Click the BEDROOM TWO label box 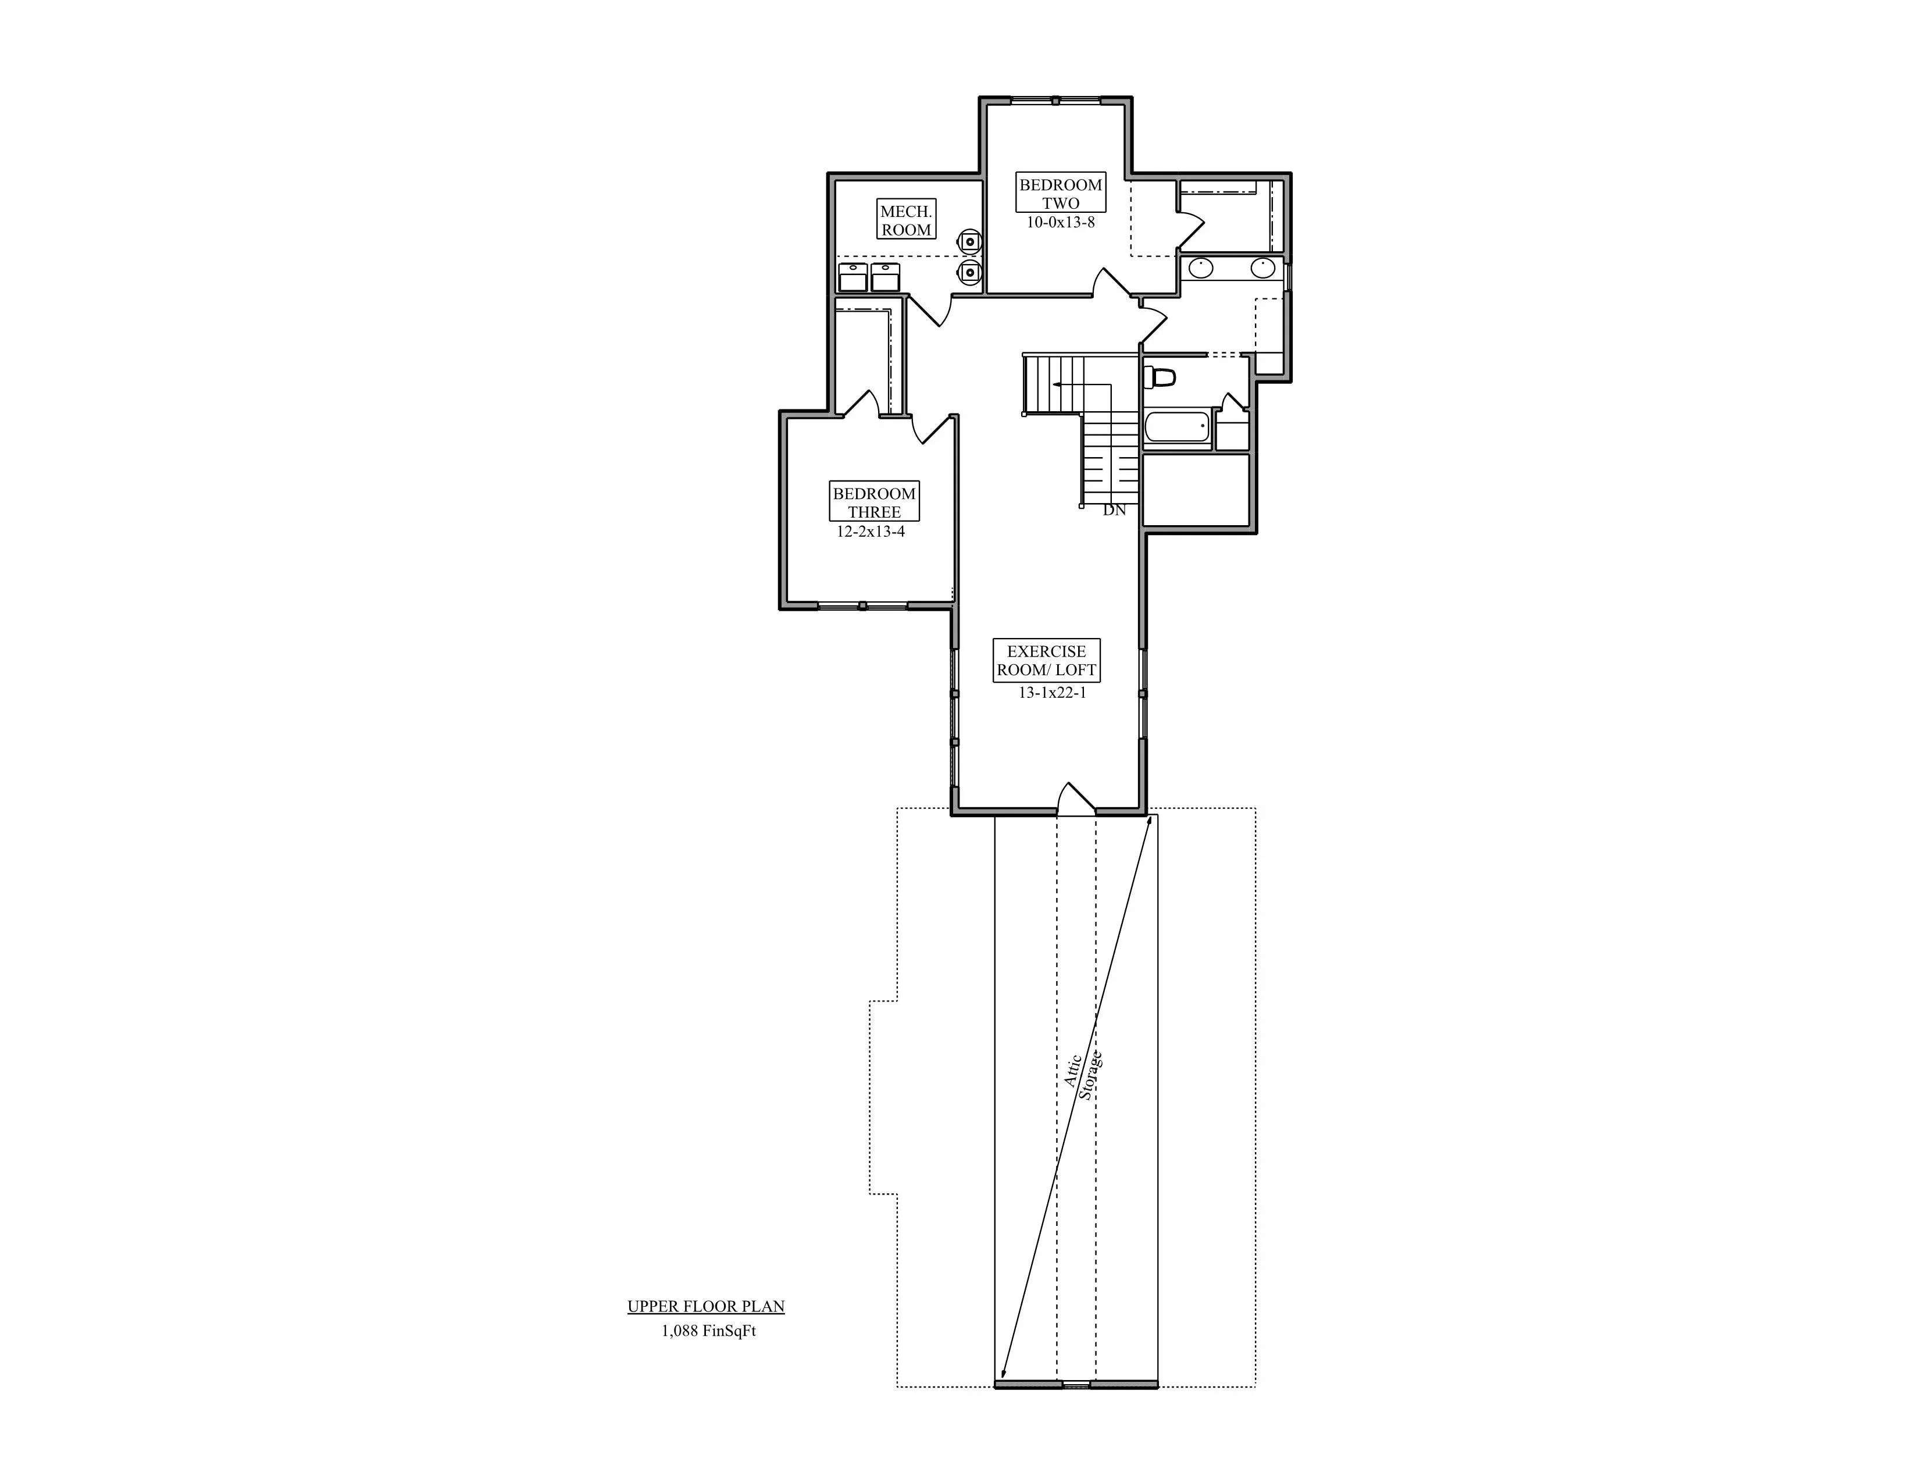point(1061,193)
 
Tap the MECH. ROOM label point(906,220)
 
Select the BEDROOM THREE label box point(874,502)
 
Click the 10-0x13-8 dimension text point(1061,222)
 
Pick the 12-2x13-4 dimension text point(871,532)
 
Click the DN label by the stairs point(1114,509)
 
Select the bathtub point(1178,429)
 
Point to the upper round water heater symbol point(968,240)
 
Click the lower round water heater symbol point(968,272)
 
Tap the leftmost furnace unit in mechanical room point(853,277)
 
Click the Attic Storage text point(1083,1075)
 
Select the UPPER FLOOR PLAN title point(705,1306)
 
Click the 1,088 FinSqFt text point(708,1331)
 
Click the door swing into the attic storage point(1075,797)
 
